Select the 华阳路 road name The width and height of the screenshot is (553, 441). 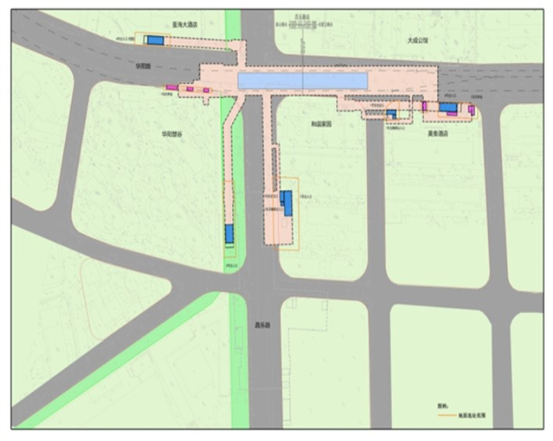tap(144, 66)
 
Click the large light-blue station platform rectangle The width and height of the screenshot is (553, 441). tap(302, 81)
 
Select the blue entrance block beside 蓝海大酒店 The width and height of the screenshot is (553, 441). tap(155, 41)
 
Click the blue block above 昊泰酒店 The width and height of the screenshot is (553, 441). tap(449, 107)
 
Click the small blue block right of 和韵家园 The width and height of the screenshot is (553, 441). tap(391, 113)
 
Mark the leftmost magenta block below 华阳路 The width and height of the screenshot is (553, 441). tap(170, 87)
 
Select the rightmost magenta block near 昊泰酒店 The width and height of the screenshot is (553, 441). tap(471, 109)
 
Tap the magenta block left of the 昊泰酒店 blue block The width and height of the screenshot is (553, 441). tap(425, 106)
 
